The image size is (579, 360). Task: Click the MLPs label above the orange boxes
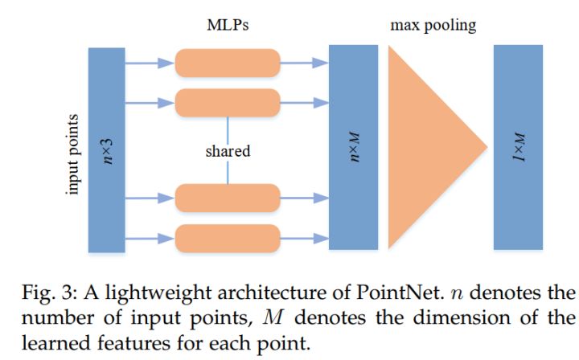pos(227,25)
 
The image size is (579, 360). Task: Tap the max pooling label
pos(433,25)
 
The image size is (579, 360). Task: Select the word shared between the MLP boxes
pos(228,150)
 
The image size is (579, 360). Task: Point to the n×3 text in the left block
pos(107,149)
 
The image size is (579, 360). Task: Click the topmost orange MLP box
pos(228,62)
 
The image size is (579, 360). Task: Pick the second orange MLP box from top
pos(228,101)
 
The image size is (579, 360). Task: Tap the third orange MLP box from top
pos(228,198)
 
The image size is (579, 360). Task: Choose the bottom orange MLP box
pos(228,237)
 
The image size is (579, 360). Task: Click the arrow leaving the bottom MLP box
pos(304,237)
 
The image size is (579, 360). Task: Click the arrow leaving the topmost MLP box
pos(304,61)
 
